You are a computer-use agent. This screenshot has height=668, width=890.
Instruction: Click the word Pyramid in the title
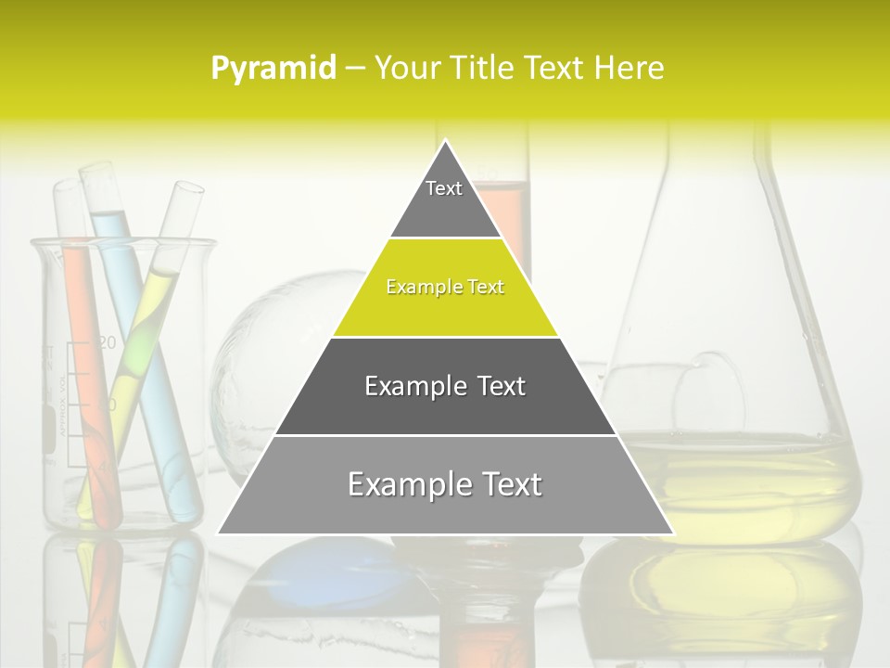(x=273, y=69)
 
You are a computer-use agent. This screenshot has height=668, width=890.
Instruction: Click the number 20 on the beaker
(x=107, y=342)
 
